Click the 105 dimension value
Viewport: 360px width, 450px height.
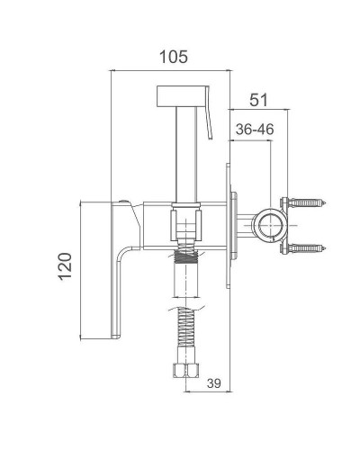point(174,57)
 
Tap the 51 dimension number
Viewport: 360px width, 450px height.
point(258,100)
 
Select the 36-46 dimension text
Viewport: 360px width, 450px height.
point(255,130)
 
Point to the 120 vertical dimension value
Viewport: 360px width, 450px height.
point(65,266)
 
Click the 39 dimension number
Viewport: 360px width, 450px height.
point(214,383)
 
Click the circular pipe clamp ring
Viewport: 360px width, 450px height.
point(270,225)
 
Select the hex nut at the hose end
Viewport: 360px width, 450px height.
point(186,370)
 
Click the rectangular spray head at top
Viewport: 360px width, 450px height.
point(182,96)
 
